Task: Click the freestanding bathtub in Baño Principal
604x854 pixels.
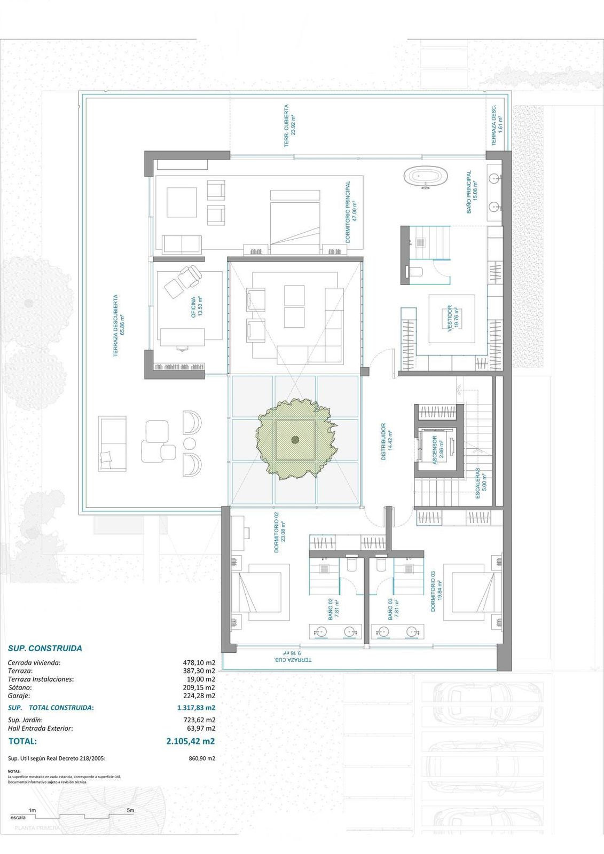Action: tap(426, 178)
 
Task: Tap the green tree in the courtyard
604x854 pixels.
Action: tap(295, 439)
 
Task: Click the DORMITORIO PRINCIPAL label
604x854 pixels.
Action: tap(350, 212)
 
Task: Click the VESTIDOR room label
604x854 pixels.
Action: tap(452, 319)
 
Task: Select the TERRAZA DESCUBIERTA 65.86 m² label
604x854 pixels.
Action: tap(119, 326)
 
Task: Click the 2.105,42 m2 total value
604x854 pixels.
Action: tap(191, 741)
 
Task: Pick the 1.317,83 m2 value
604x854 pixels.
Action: tap(196, 708)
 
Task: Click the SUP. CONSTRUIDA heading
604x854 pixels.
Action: tap(45, 649)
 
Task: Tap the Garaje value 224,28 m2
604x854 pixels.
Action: tap(199, 695)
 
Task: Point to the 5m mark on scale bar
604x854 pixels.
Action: tap(130, 810)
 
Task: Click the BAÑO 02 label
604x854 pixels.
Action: tap(333, 608)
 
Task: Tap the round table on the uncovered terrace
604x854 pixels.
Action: tap(190, 444)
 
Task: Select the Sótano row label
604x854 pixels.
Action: tap(20, 687)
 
